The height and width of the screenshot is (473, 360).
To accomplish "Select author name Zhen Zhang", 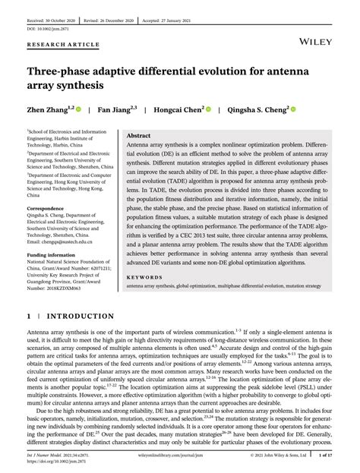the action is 47,109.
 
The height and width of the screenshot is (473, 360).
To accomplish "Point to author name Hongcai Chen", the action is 178,109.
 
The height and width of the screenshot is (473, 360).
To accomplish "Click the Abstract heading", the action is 138,136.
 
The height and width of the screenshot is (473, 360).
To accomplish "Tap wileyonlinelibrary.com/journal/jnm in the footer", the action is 179,456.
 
